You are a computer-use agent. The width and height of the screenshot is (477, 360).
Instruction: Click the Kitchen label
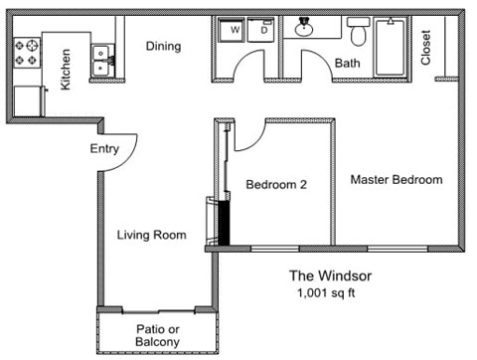tap(66, 70)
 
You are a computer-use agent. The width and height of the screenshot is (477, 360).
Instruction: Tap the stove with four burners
tap(27, 52)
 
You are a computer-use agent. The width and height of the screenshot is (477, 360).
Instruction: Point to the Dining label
tap(163, 46)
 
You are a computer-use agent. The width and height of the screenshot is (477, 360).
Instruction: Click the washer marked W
tap(236, 30)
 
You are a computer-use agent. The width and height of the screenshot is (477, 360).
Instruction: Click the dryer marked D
tap(263, 30)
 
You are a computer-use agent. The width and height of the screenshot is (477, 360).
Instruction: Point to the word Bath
tap(348, 64)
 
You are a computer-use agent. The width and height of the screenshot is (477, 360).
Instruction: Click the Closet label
tap(426, 47)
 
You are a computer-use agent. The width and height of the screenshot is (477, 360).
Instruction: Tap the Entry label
tap(103, 149)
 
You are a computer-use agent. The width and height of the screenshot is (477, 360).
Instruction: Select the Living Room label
tap(151, 235)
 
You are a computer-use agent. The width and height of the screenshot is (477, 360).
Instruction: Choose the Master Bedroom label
tap(396, 179)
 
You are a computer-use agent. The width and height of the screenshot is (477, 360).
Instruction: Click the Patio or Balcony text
tap(157, 335)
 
